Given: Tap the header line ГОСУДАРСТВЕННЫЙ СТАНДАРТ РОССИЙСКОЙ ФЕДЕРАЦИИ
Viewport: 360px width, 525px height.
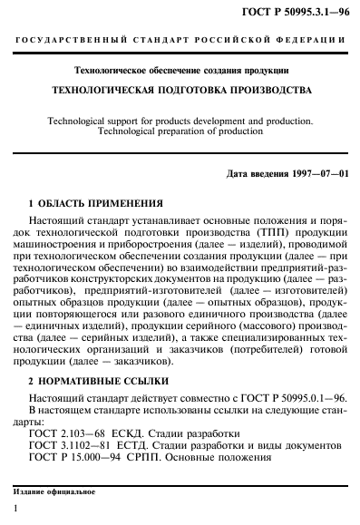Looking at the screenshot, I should [x=180, y=43].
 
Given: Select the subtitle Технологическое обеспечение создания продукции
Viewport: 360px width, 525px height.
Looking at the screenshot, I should [x=180, y=70].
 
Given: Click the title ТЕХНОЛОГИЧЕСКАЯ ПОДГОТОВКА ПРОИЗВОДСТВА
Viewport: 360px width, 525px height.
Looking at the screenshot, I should [x=180, y=92].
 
